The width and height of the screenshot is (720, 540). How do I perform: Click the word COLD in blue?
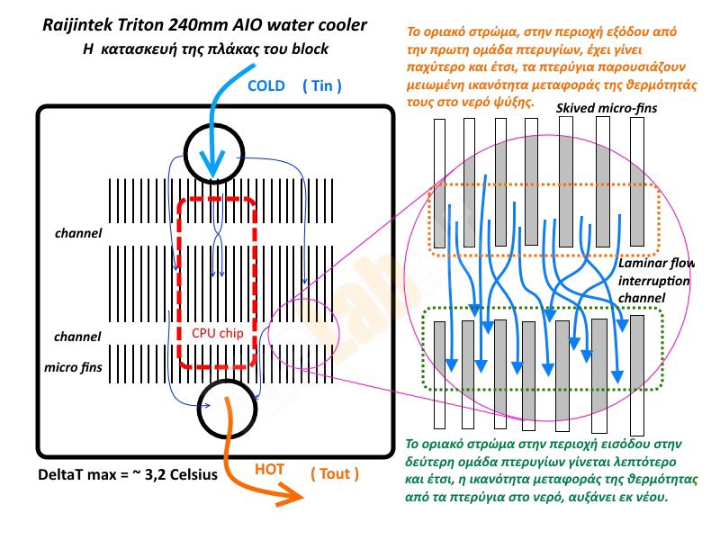pos(266,86)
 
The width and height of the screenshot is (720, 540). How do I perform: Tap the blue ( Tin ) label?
pos(322,86)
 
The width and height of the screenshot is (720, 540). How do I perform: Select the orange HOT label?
pos(269,469)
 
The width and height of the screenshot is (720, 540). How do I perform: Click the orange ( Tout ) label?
pos(334,473)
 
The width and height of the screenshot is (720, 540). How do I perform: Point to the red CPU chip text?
pos(218,332)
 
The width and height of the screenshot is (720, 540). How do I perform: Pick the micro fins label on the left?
pos(73,367)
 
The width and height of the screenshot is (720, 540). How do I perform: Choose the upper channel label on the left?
pos(78,234)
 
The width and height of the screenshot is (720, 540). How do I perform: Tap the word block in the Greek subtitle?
pos(309,49)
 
